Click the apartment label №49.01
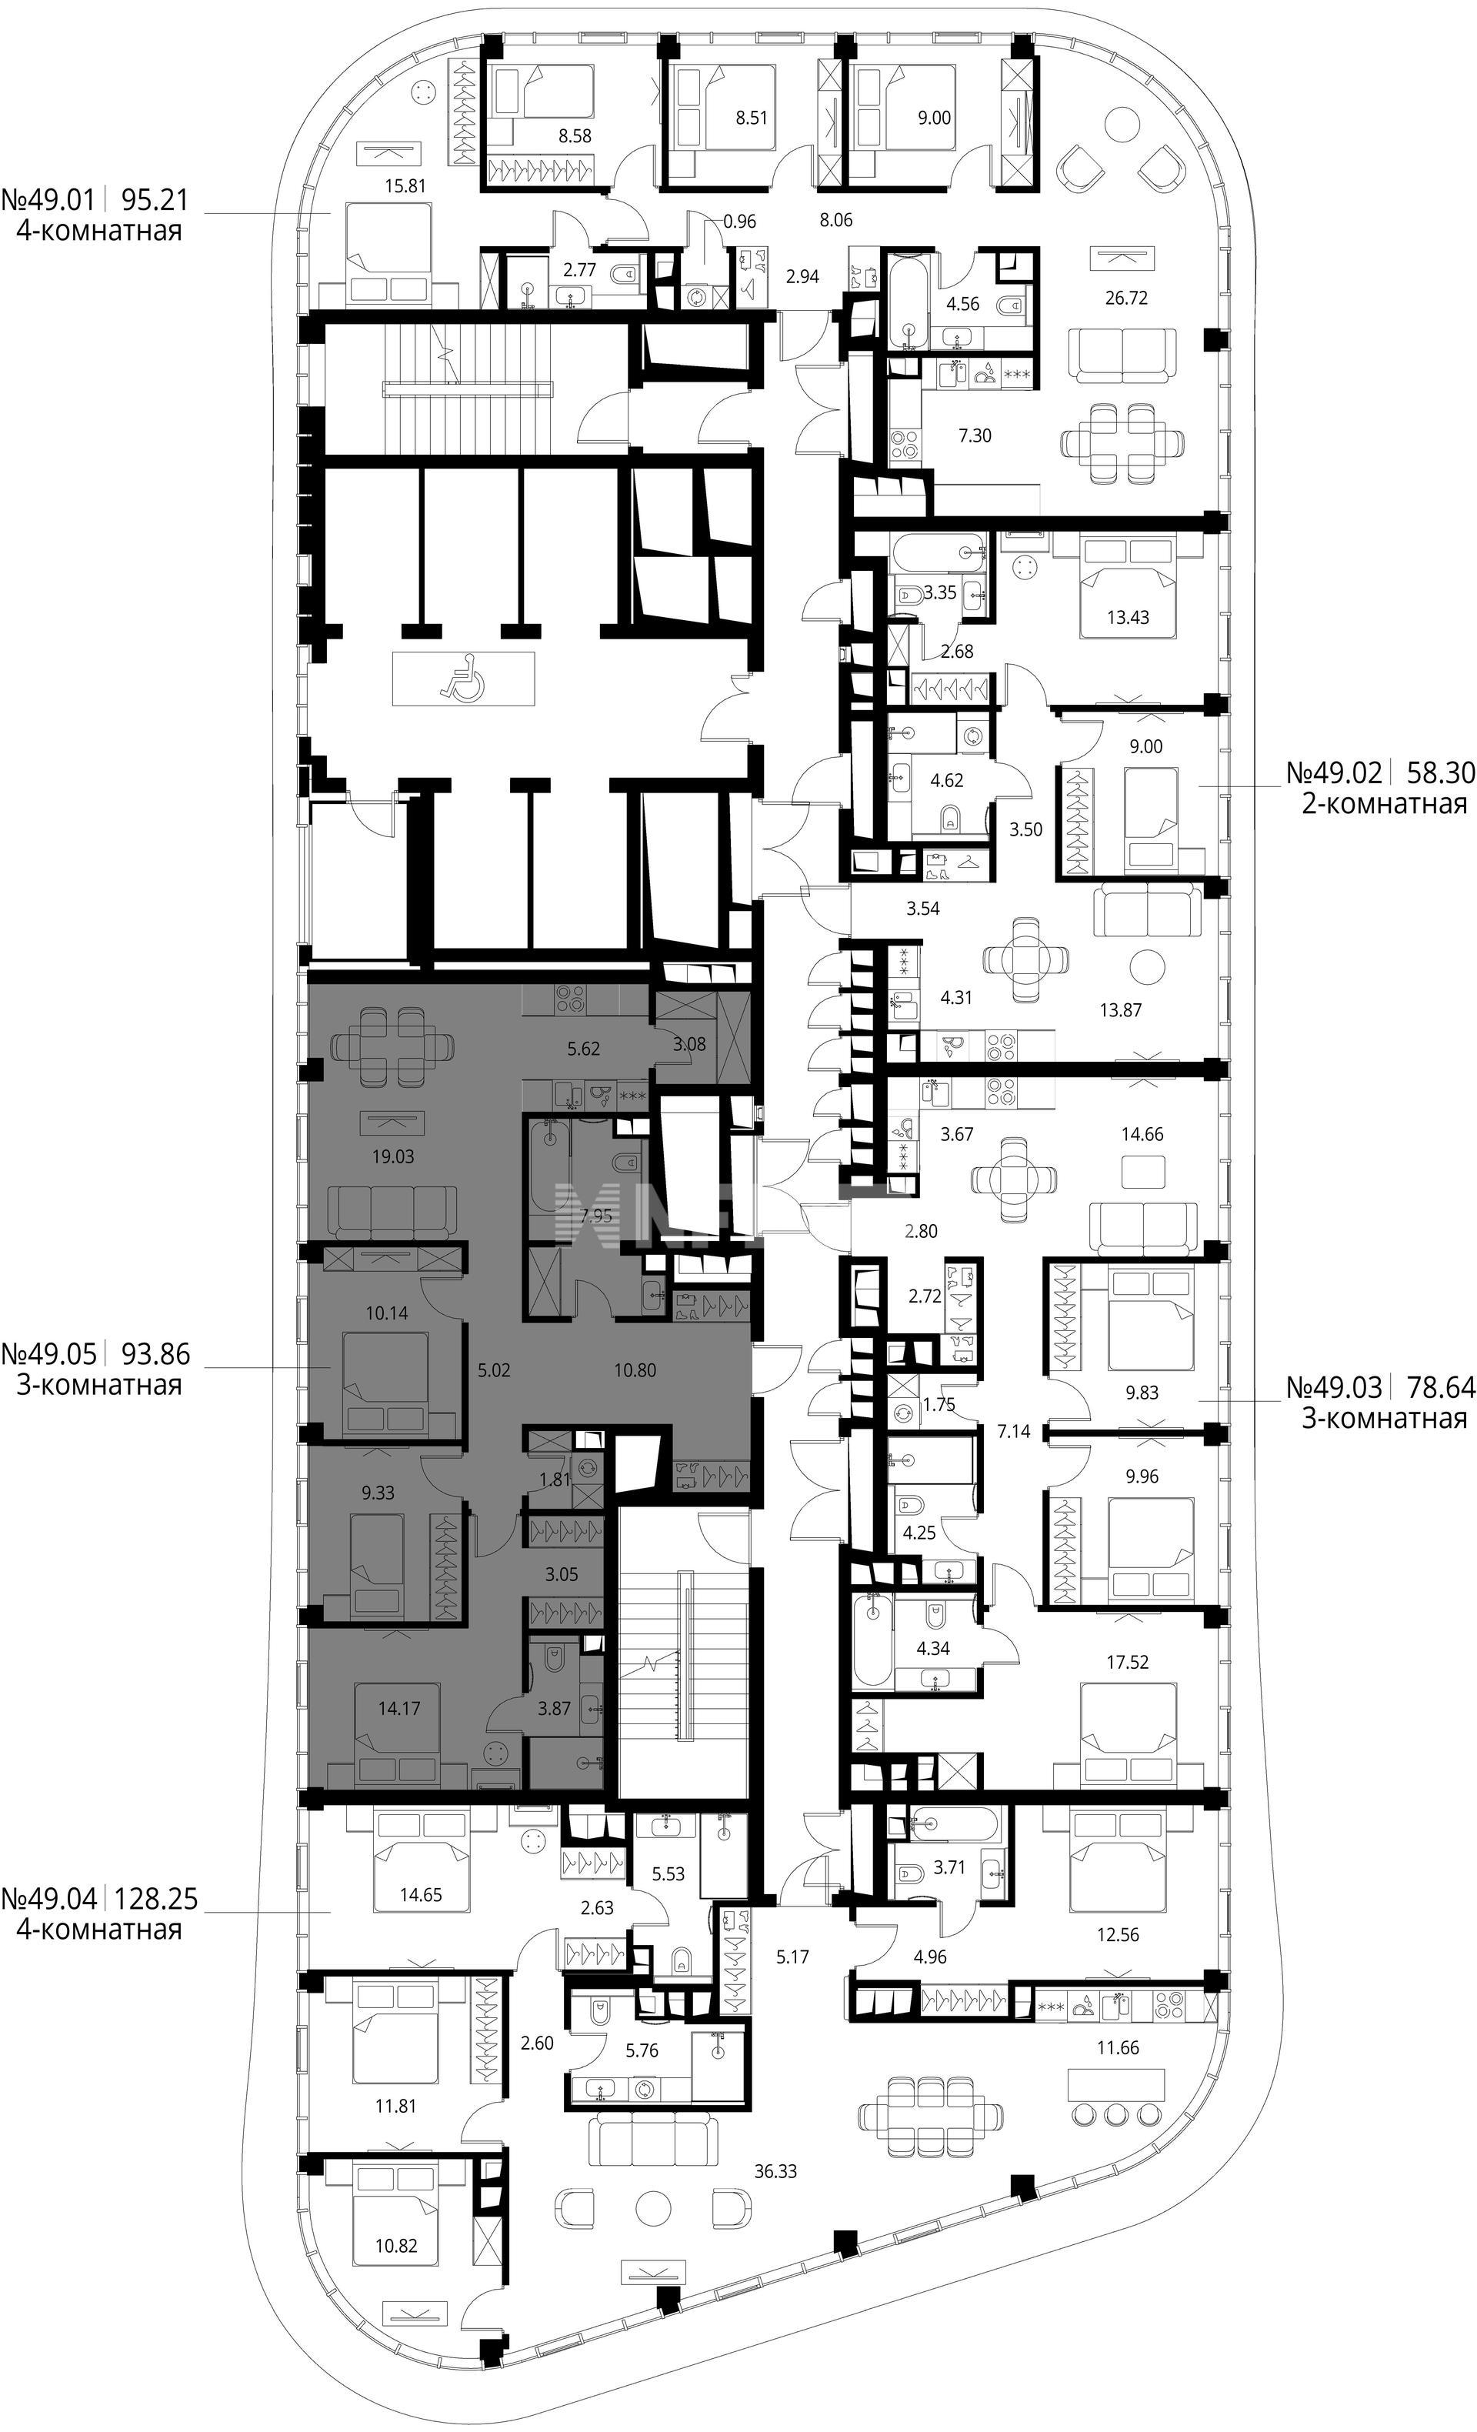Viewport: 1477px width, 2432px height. click(x=48, y=202)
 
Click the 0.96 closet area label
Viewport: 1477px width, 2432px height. click(x=739, y=221)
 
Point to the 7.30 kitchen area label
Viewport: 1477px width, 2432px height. click(x=975, y=435)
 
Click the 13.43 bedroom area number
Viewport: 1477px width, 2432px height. click(x=1127, y=618)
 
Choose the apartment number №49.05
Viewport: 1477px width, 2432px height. click(x=50, y=1353)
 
